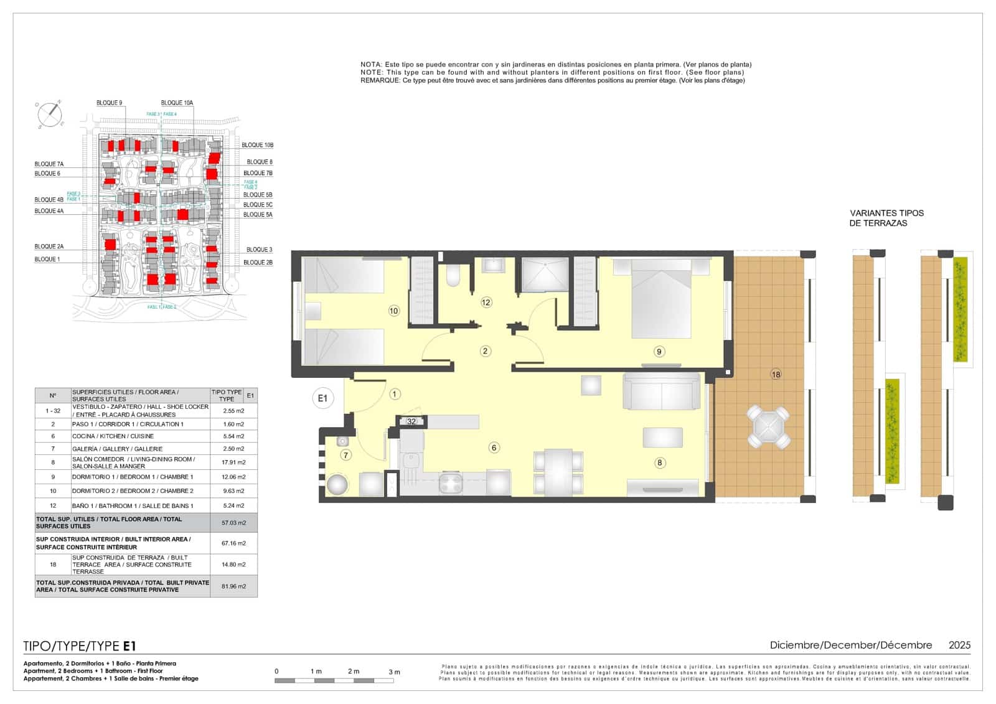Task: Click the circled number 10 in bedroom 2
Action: click(x=393, y=311)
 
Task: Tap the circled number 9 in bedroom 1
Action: click(x=659, y=352)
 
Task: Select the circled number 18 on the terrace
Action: click(x=776, y=374)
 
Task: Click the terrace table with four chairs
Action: click(x=769, y=427)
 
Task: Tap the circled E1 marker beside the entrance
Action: click(x=322, y=398)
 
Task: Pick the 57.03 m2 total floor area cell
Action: click(x=233, y=523)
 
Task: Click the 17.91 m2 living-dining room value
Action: click(x=233, y=462)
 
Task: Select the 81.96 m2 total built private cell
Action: click(x=233, y=586)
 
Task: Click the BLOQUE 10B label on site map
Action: click(x=257, y=145)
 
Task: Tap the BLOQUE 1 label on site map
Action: click(x=47, y=259)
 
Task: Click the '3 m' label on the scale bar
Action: click(x=394, y=672)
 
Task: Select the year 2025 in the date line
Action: click(x=959, y=645)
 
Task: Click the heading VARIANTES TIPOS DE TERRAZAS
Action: click(x=886, y=218)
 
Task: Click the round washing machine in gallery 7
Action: click(x=338, y=484)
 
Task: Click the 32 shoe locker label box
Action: click(x=411, y=421)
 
